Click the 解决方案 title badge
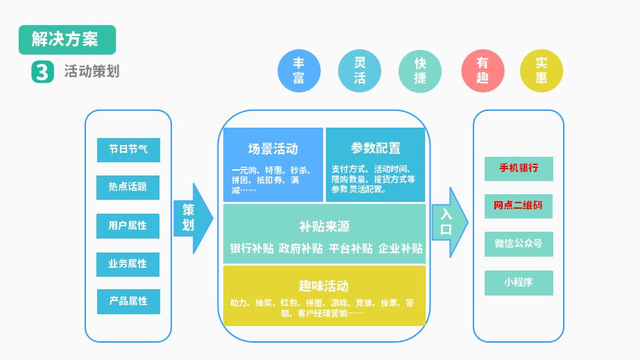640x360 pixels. (x=67, y=40)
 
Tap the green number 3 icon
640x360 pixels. (x=42, y=71)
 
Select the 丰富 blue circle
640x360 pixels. (x=299, y=71)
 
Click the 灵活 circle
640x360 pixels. (x=359, y=71)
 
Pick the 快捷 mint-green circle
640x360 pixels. (x=420, y=71)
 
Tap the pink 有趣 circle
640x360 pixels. (x=482, y=71)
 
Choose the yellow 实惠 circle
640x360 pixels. (x=542, y=71)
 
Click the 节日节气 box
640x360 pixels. (x=128, y=150)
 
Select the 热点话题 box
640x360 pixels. (x=128, y=187)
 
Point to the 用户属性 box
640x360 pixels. (x=128, y=225)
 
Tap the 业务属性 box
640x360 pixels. (x=128, y=264)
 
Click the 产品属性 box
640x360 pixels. (x=128, y=301)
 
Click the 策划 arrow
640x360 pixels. (x=191, y=218)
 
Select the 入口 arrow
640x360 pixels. (x=448, y=222)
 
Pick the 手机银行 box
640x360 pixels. (x=519, y=169)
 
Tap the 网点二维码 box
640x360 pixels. (x=519, y=206)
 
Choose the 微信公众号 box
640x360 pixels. (x=519, y=244)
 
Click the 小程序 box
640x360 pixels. (x=519, y=282)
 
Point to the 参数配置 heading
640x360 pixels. (x=375, y=148)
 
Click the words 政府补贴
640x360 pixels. (x=301, y=248)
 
